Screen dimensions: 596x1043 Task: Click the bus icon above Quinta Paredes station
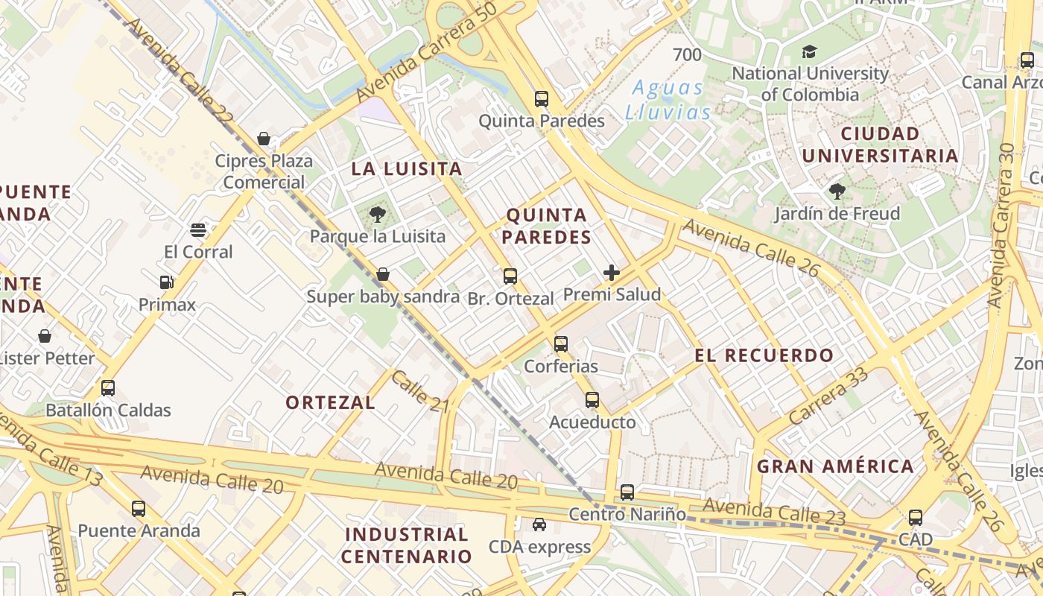tap(542, 98)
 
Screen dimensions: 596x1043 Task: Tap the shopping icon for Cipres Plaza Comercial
tap(263, 139)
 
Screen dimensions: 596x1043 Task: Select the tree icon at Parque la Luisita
tap(378, 215)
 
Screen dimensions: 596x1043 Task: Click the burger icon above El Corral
tap(198, 229)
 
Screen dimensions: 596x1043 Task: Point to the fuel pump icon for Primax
tap(167, 282)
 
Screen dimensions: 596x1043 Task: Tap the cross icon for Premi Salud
tap(612, 273)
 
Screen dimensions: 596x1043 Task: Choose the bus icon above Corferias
tap(561, 344)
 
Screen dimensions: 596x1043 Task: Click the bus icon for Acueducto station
tap(592, 400)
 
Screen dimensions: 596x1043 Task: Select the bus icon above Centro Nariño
tap(627, 492)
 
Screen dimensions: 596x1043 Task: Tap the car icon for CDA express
tap(539, 524)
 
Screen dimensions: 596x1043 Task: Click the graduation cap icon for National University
tap(809, 51)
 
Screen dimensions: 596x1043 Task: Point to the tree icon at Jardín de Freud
tap(837, 191)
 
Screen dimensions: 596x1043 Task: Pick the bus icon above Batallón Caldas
tap(108, 388)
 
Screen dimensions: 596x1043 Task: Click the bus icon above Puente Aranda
tap(139, 509)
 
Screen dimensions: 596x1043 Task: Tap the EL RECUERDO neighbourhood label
tap(764, 355)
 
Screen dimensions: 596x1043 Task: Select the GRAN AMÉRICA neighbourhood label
tap(835, 467)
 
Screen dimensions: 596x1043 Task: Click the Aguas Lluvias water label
tap(668, 100)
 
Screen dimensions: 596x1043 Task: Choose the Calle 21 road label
tap(419, 391)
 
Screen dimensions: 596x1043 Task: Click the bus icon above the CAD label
tap(916, 518)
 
